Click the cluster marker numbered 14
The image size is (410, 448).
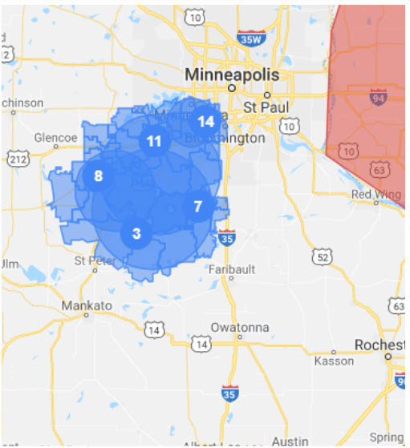pyautogui.click(x=205, y=121)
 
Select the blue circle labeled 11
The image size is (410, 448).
pyautogui.click(x=152, y=141)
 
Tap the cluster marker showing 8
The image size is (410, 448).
pyautogui.click(x=98, y=176)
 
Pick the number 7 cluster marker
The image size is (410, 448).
pyautogui.click(x=197, y=206)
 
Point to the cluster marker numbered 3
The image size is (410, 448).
pyautogui.click(x=136, y=234)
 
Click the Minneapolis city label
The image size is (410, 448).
pyautogui.click(x=232, y=75)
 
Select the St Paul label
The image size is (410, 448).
pyautogui.click(x=260, y=107)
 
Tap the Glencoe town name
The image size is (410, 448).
pyautogui.click(x=54, y=138)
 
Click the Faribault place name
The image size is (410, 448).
pyautogui.click(x=231, y=269)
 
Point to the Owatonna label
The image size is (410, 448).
pyautogui.click(x=238, y=327)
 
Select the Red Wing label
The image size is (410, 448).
pyautogui.click(x=371, y=194)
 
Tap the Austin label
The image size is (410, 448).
pyautogui.click(x=290, y=441)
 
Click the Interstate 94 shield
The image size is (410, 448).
pyautogui.click(x=377, y=97)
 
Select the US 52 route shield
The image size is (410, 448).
pyautogui.click(x=323, y=256)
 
